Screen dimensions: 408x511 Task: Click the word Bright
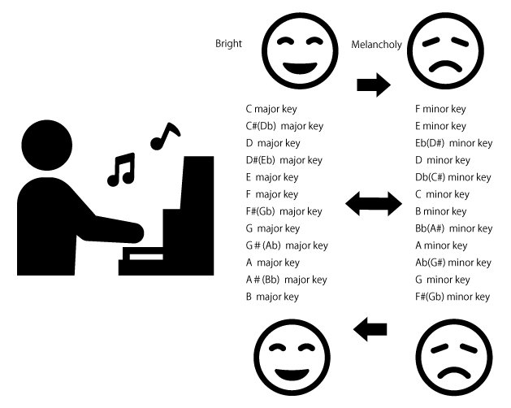click(228, 44)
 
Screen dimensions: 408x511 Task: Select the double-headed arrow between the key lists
click(373, 204)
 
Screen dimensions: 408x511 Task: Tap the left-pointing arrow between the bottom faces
click(370, 328)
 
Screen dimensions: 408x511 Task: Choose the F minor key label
click(440, 109)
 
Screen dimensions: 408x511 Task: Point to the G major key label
click(272, 228)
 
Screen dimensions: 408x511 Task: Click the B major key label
click(272, 297)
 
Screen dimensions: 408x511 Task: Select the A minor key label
click(441, 245)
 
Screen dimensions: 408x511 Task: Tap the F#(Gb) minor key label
click(453, 297)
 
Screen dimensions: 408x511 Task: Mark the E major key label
click(271, 177)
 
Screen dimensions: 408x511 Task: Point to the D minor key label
click(443, 160)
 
